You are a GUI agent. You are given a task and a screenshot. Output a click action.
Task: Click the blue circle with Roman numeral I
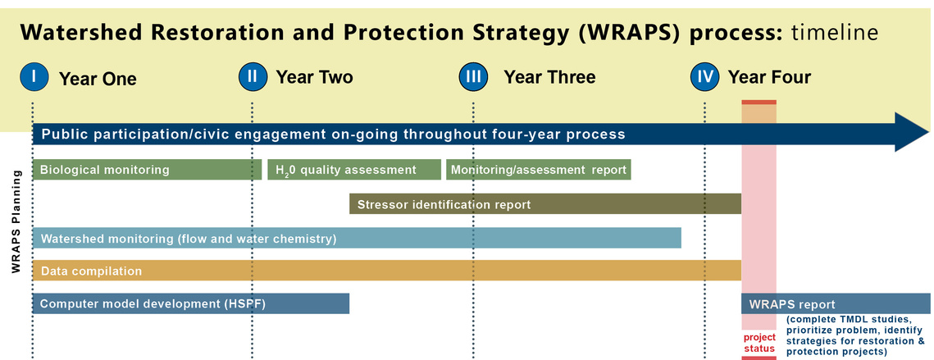pos(34,77)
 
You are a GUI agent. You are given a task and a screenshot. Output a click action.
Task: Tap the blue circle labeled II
pos(253,77)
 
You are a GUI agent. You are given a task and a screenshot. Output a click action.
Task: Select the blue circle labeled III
pos(473,77)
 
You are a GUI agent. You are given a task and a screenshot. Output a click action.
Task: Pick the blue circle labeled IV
pos(705,77)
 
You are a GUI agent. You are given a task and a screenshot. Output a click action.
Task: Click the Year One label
pos(98,79)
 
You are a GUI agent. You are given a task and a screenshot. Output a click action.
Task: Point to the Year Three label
pos(549,77)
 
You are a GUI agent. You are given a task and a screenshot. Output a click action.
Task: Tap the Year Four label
pos(769,77)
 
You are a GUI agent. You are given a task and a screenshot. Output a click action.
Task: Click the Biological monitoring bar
pos(147,170)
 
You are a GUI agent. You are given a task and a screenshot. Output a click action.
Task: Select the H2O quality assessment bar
pos(354,170)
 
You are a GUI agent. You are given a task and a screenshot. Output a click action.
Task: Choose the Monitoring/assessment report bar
pos(539,170)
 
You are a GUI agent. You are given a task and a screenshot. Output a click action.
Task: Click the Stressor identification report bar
pos(545,204)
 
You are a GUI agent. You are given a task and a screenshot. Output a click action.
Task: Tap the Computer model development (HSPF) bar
pos(190,304)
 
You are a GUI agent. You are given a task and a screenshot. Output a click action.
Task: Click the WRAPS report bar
pos(836,304)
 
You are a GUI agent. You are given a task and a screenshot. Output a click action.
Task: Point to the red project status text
pos(759,343)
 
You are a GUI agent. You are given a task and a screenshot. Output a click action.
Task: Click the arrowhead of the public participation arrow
pos(911,132)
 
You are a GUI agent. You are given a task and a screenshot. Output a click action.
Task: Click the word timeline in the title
pos(835,32)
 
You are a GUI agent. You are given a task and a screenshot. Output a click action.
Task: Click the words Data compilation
pos(91,271)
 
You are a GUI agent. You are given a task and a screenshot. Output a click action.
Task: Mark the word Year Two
pos(314,77)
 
